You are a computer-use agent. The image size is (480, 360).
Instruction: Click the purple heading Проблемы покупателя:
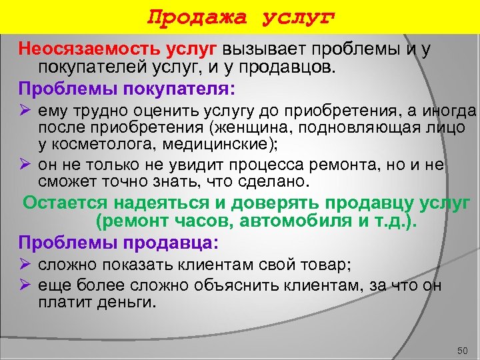click(x=127, y=89)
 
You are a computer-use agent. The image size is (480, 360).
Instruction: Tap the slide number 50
click(x=463, y=350)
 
